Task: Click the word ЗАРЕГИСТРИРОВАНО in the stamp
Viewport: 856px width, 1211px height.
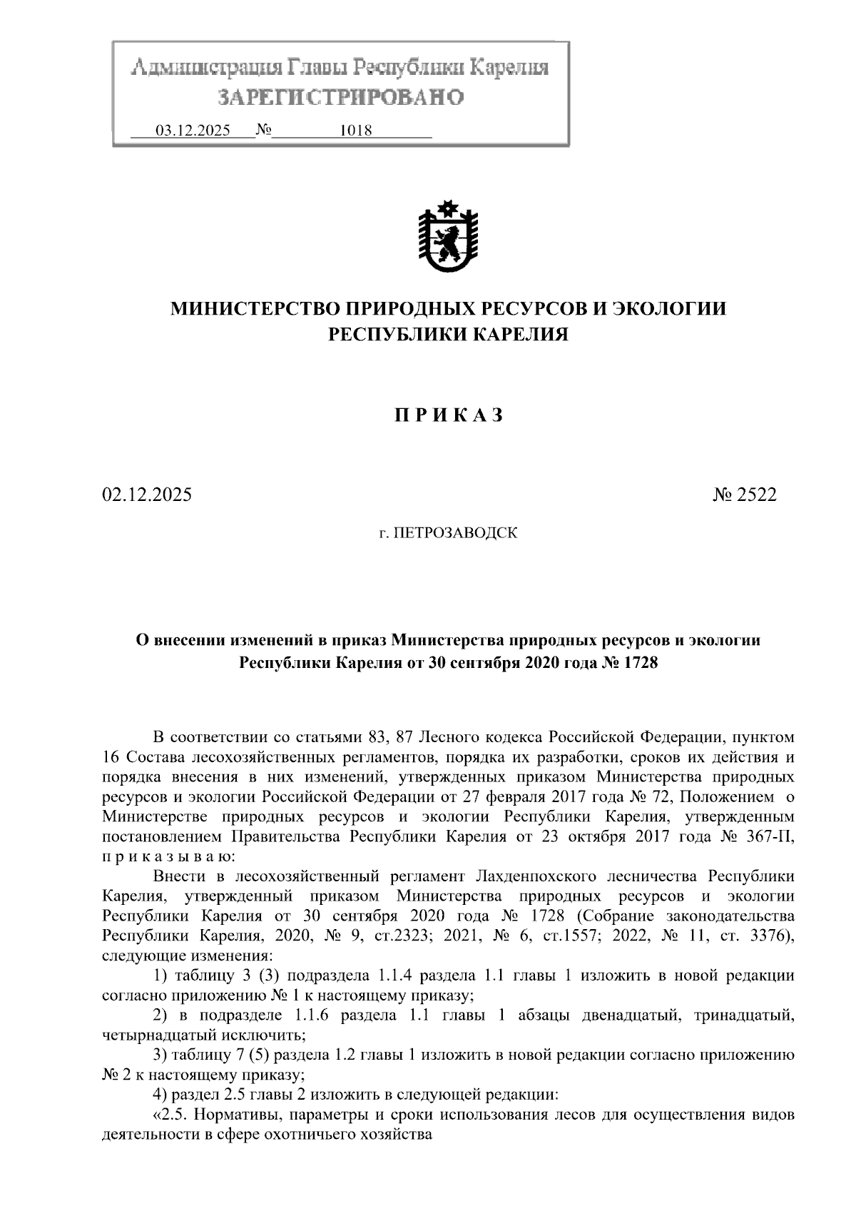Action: (340, 97)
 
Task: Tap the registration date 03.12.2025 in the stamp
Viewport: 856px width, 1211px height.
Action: (193, 131)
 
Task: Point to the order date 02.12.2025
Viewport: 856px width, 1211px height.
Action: (147, 495)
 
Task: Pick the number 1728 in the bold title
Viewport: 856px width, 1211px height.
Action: (639, 663)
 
